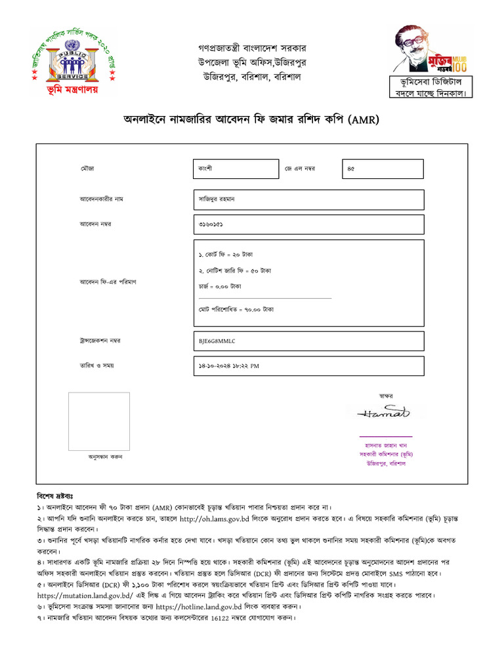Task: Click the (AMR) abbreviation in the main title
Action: [x=364, y=120]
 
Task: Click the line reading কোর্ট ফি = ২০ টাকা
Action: [x=226, y=253]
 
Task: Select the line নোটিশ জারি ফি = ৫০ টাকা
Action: [x=234, y=270]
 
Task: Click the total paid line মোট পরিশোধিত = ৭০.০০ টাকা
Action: [x=236, y=309]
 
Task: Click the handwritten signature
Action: [x=384, y=413]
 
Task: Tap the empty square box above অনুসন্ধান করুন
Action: [x=99, y=421]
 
